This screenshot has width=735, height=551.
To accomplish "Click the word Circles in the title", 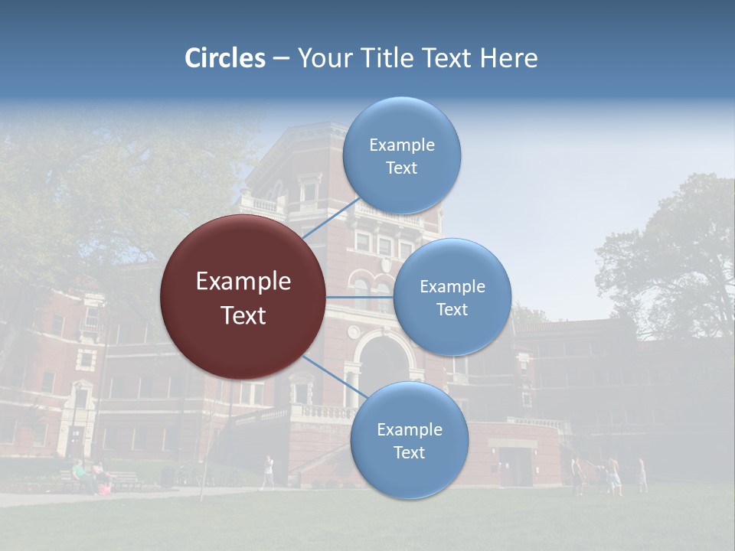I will [224, 58].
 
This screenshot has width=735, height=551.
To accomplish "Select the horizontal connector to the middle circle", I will [360, 297].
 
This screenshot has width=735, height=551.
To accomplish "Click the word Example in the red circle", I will [243, 282].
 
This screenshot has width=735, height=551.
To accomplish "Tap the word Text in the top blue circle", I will [401, 168].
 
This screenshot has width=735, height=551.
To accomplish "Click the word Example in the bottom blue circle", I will [410, 429].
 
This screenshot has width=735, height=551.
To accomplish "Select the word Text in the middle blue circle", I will [452, 309].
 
